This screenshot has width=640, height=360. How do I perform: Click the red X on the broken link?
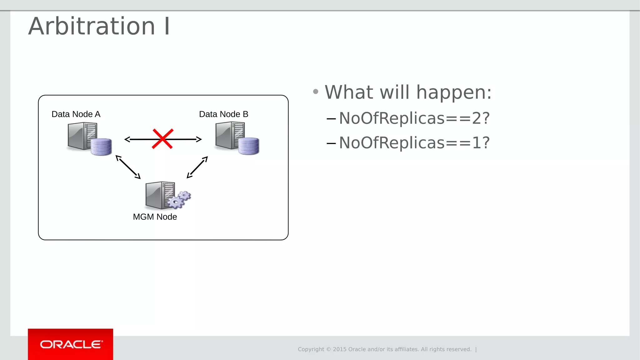click(162, 139)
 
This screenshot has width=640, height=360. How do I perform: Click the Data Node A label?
click(76, 114)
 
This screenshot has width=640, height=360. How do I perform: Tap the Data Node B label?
click(223, 114)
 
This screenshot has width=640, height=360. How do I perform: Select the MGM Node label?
click(155, 217)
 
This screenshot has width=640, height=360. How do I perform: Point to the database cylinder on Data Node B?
click(248, 146)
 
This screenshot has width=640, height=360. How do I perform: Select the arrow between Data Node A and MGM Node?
click(128, 167)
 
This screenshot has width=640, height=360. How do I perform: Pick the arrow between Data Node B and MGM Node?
click(197, 167)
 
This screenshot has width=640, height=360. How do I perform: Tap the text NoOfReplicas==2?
click(414, 118)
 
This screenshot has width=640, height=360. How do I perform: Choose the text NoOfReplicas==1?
click(414, 143)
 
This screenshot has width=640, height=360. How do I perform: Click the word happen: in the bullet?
click(454, 92)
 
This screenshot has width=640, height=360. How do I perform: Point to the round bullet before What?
click(316, 92)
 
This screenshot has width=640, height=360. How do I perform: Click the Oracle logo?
click(71, 344)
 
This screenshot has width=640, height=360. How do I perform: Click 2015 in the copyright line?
click(340, 349)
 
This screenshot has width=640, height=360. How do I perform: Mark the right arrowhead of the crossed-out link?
click(199, 139)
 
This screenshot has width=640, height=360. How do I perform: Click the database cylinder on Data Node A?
click(101, 147)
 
